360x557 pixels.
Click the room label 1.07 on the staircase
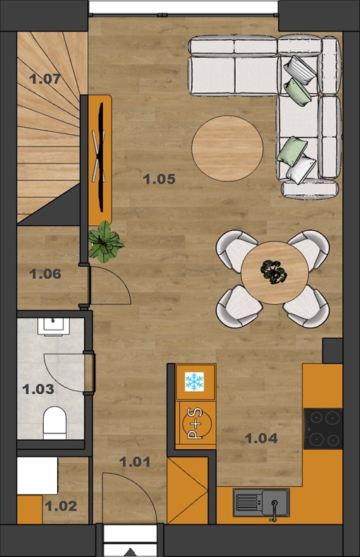click(x=45, y=79)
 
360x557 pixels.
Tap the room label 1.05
click(x=160, y=179)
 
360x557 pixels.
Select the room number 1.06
click(x=45, y=274)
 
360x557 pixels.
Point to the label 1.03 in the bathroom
click(x=38, y=389)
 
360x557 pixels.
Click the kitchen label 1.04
click(x=261, y=438)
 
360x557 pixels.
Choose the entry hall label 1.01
click(x=135, y=462)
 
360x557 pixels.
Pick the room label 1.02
click(x=61, y=506)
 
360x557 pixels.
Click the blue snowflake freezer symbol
click(x=194, y=382)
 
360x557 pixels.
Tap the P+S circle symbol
click(x=197, y=423)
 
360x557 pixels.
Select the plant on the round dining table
click(x=273, y=272)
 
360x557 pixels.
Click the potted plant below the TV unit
click(x=104, y=242)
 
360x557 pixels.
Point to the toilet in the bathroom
click(x=54, y=423)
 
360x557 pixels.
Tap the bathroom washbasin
click(x=54, y=327)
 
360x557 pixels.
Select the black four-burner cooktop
click(x=323, y=429)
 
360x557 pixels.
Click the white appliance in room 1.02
click(x=37, y=476)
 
